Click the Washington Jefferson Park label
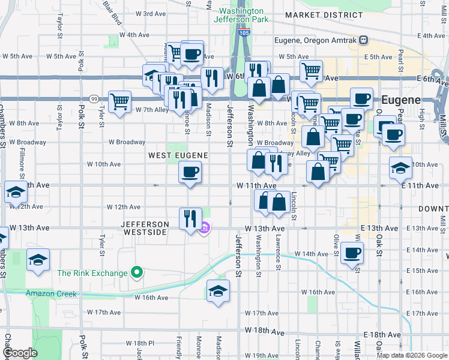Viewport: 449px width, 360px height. (x=241, y=15)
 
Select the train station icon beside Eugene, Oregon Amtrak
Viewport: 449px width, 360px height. (x=363, y=41)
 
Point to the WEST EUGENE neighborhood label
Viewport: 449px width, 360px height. (x=178, y=155)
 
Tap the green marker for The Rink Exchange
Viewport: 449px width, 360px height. (x=137, y=273)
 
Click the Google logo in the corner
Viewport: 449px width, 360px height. (x=20, y=353)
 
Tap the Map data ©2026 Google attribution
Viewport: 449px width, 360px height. (x=411, y=355)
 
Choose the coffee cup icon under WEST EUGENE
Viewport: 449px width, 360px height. (x=190, y=173)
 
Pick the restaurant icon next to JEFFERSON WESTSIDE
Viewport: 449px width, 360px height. (x=190, y=218)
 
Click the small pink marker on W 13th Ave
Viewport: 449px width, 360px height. (x=204, y=228)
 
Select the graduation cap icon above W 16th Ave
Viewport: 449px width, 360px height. (x=218, y=292)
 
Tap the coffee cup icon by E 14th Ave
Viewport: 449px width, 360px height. (x=352, y=253)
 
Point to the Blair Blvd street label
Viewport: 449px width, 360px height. (x=112, y=12)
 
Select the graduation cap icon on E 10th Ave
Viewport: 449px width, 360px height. (x=400, y=168)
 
